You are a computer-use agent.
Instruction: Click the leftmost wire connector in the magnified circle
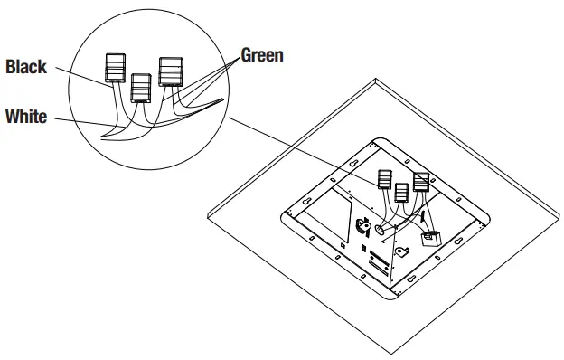115,68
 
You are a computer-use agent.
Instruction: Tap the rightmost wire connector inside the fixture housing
420,180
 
